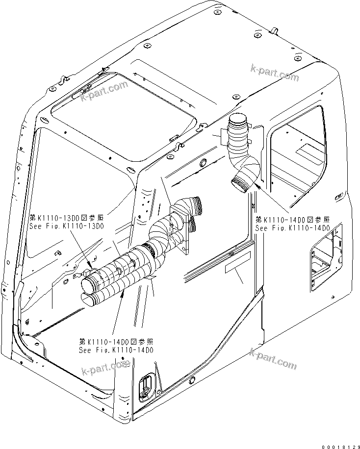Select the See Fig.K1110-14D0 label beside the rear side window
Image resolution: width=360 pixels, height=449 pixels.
[292, 228]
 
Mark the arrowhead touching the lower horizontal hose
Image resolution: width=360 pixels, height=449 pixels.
[123, 291]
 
